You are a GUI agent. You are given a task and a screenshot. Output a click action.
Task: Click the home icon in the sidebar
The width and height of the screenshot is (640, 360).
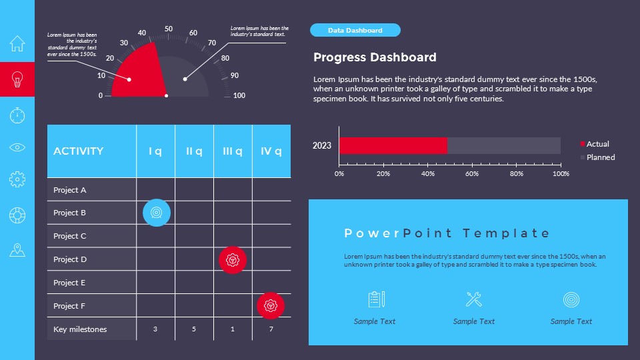click(17, 43)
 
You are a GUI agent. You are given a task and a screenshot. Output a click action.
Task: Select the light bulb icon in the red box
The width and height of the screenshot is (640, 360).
click(17, 79)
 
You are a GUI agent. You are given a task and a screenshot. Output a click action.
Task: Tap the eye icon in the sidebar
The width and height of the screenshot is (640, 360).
click(17, 147)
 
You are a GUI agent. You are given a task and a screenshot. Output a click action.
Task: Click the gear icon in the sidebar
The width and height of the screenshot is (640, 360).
click(17, 179)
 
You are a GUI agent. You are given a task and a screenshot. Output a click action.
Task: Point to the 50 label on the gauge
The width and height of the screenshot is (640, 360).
click(169, 29)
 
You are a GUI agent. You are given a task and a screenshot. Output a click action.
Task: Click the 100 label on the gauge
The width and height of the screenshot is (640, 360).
click(239, 95)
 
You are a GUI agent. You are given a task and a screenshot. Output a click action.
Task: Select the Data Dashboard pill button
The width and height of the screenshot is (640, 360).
click(355, 30)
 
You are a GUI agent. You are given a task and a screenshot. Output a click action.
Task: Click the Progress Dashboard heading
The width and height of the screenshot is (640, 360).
click(375, 57)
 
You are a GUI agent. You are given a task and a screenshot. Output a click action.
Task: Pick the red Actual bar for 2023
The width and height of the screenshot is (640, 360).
click(393, 145)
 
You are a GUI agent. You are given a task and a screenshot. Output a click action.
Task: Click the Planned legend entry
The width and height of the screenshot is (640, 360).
click(600, 157)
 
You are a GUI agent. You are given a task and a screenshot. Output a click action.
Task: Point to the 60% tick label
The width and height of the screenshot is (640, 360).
click(472, 174)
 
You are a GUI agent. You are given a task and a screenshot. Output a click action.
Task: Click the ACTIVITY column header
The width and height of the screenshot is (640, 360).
click(79, 151)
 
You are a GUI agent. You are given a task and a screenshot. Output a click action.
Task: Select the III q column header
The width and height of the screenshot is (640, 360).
click(233, 151)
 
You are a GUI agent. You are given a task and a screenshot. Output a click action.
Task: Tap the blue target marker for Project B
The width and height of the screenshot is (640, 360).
click(157, 213)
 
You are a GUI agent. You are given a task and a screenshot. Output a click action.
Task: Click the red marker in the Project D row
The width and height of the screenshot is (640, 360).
click(233, 259)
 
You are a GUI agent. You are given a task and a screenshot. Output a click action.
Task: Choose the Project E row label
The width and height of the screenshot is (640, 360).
click(69, 283)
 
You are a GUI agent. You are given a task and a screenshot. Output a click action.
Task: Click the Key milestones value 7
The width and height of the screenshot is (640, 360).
click(271, 329)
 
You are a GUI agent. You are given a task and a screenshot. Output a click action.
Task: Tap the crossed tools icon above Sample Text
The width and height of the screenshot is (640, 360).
click(474, 299)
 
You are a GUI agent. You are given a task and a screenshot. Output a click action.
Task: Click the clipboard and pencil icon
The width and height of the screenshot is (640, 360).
click(376, 299)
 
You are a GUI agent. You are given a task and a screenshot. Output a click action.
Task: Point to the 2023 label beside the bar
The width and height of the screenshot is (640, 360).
click(322, 145)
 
